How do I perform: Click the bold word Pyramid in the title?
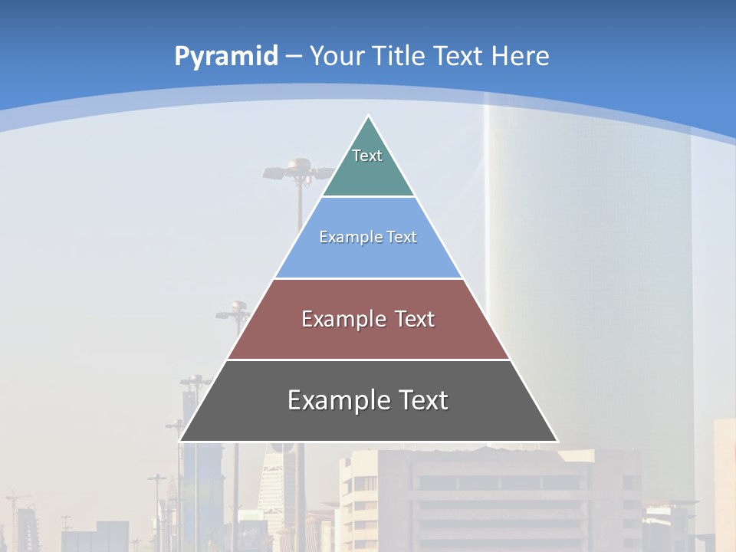point(225,57)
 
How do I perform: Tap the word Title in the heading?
point(399,56)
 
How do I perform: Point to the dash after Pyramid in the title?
point(294,57)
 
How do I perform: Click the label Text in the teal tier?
point(367,156)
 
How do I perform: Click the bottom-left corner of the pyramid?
point(180,441)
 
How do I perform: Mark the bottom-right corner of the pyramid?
point(557,441)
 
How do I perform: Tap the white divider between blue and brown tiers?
point(368,278)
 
